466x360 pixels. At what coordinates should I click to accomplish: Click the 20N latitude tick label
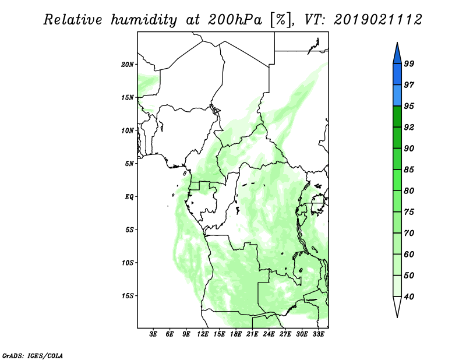tap(127, 65)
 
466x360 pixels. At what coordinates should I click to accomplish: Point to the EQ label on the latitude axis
tap(129, 197)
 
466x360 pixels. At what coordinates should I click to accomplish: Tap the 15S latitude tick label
tap(128, 296)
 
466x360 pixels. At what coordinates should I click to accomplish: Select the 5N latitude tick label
tap(129, 164)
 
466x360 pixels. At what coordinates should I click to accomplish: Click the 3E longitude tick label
tap(153, 334)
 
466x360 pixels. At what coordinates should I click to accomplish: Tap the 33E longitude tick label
tap(318, 334)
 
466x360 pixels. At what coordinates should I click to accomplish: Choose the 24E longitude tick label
tap(269, 334)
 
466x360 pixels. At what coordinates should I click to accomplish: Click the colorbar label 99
tap(409, 63)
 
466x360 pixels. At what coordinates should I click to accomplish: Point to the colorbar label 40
tap(409, 297)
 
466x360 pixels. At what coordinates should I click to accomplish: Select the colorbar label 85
tap(409, 170)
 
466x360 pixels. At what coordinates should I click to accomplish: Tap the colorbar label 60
tap(409, 254)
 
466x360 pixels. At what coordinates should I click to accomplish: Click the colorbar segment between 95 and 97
tap(397, 96)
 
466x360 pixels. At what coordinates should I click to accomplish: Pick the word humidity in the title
tap(144, 20)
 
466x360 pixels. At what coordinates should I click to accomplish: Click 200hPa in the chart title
tap(235, 20)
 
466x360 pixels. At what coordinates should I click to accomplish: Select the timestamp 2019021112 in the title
tap(377, 20)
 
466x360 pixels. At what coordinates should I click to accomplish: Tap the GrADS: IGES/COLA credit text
tap(33, 356)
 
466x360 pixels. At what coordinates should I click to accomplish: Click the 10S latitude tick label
tap(128, 263)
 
